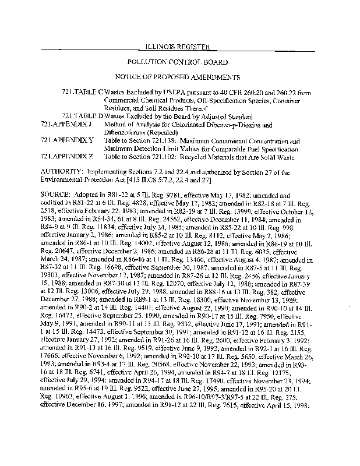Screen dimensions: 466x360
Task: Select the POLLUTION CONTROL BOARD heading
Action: tap(180, 61)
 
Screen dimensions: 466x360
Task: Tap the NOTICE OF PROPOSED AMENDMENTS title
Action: tap(180, 77)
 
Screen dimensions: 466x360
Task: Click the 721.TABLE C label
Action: tap(82, 93)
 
